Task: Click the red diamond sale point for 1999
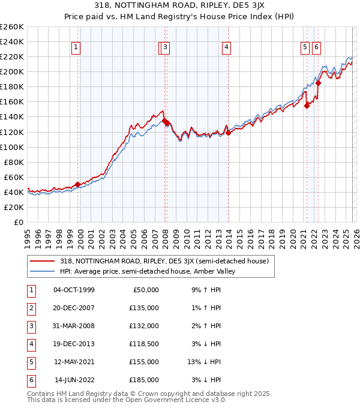pos(77,184)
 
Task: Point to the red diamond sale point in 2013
pos(228,133)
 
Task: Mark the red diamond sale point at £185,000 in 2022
pos(318,83)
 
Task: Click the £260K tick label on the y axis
pos(11,27)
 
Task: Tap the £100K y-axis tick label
pos(11,147)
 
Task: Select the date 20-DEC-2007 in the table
pos(74,308)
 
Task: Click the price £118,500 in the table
pos(143,344)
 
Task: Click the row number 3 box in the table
pos(30,326)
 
